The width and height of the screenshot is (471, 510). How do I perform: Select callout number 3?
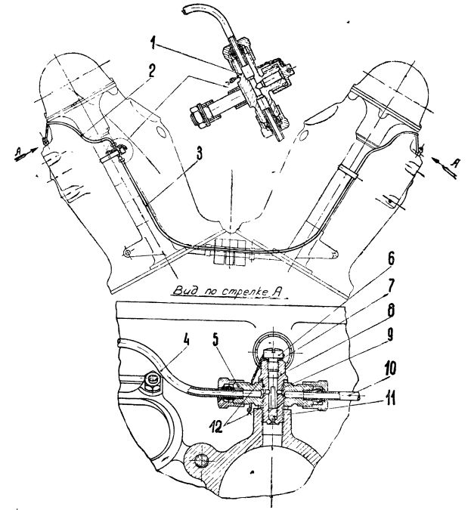pyautogui.click(x=198, y=153)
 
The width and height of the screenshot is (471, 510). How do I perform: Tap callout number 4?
pyautogui.click(x=186, y=341)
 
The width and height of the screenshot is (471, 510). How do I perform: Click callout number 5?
pyautogui.click(x=216, y=340)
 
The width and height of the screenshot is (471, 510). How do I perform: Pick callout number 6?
pyautogui.click(x=391, y=258)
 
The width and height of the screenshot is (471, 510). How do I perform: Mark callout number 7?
pyautogui.click(x=391, y=286)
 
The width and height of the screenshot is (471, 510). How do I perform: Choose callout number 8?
pyautogui.click(x=391, y=311)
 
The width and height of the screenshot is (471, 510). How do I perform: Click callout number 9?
pyautogui.click(x=389, y=335)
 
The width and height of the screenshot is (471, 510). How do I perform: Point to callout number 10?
pyautogui.click(x=389, y=369)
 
